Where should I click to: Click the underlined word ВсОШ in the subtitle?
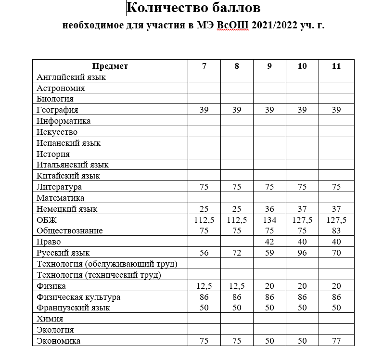(x=232, y=25)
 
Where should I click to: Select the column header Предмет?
(x=110, y=66)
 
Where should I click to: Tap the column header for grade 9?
(x=269, y=66)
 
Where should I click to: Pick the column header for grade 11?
(x=336, y=66)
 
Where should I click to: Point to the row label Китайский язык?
(x=68, y=176)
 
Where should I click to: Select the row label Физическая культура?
(x=78, y=297)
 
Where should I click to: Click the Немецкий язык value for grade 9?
(x=269, y=209)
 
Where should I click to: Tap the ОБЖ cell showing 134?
(x=269, y=220)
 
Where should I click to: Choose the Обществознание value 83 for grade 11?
(x=336, y=231)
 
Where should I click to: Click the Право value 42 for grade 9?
(x=269, y=242)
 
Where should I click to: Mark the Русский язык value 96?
(x=302, y=253)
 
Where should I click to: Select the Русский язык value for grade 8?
(x=237, y=253)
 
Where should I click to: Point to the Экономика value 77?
(x=336, y=341)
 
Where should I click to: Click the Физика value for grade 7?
(x=204, y=286)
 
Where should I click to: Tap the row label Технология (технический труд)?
(x=98, y=275)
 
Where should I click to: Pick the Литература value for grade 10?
(x=302, y=187)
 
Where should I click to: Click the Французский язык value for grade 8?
(x=237, y=308)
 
